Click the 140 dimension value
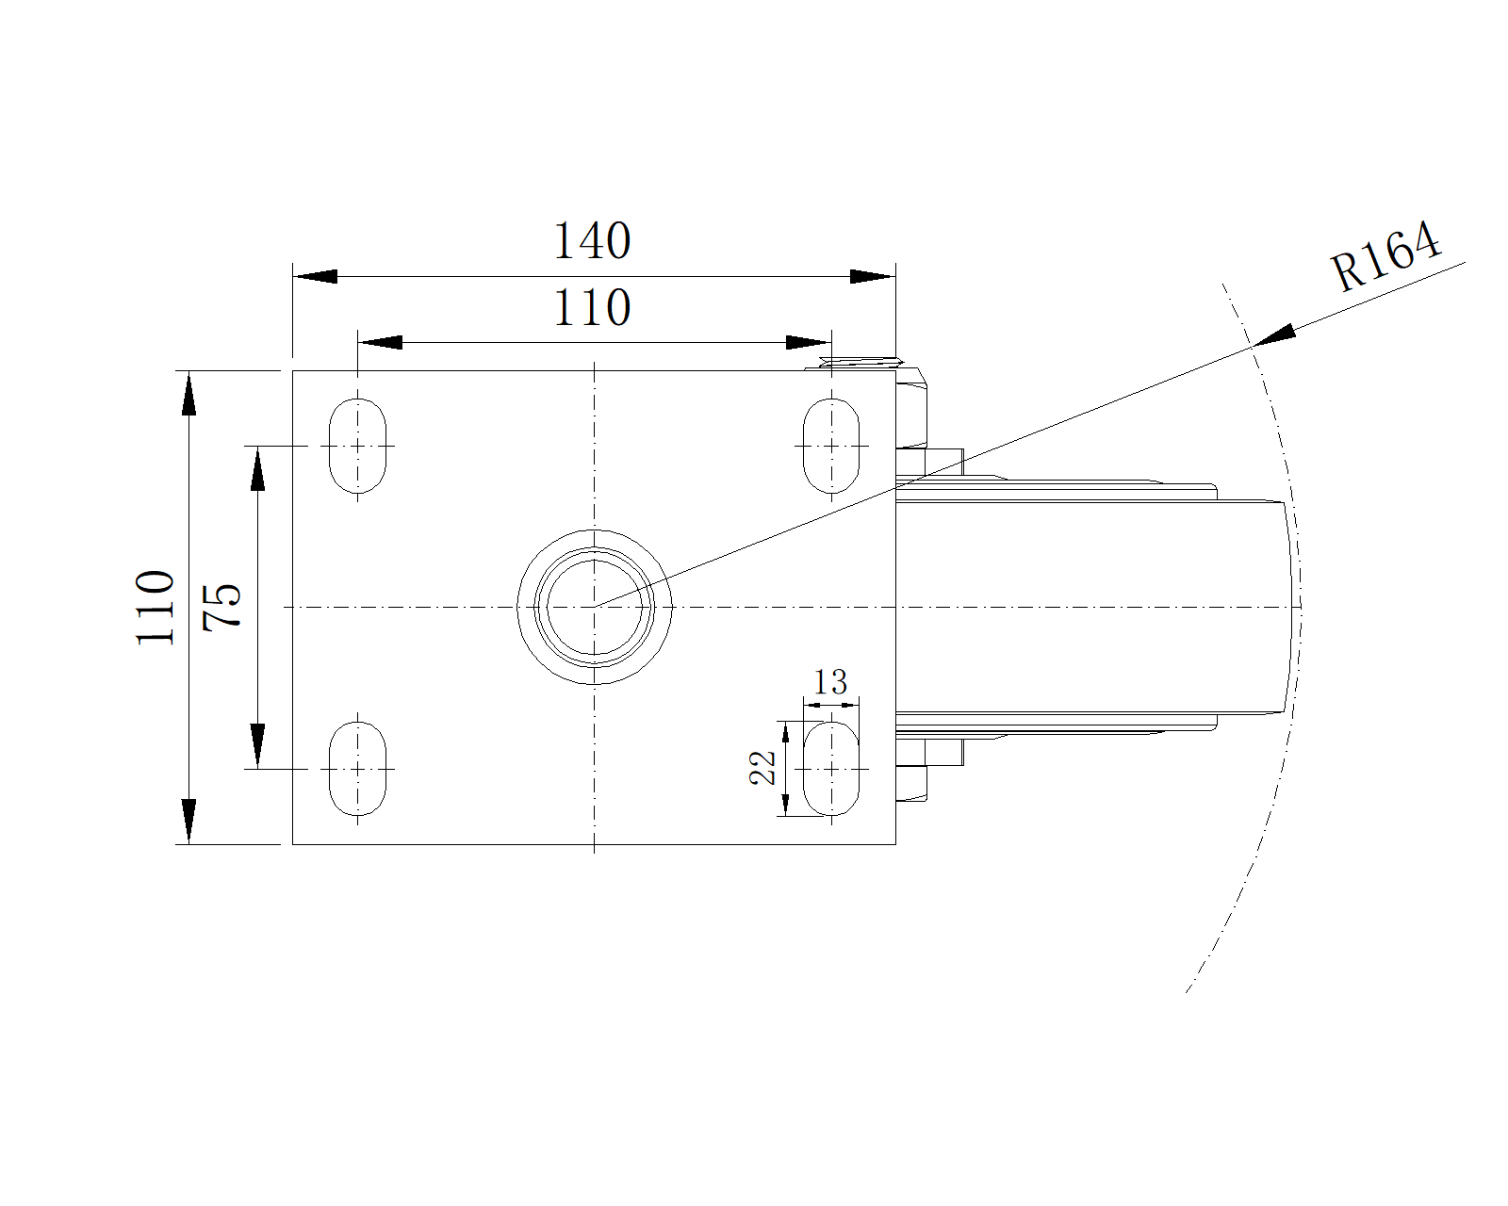(x=592, y=240)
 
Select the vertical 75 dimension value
(x=222, y=607)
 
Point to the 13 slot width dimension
(x=830, y=682)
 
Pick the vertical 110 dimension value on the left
(x=155, y=607)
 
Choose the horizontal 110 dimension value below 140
(x=592, y=307)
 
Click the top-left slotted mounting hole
(x=357, y=446)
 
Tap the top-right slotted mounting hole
(x=831, y=446)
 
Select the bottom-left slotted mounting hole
(x=357, y=769)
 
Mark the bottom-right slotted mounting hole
(x=831, y=769)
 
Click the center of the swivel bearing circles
(x=594, y=607)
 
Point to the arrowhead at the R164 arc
(x=1273, y=335)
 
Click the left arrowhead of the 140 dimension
(x=315, y=276)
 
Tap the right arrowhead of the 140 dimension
(x=873, y=276)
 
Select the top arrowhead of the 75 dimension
(x=258, y=468)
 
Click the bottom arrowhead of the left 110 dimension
(x=188, y=822)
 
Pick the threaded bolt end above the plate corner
(x=861, y=363)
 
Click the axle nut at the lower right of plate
(x=911, y=784)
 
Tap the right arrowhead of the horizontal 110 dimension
(x=809, y=343)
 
